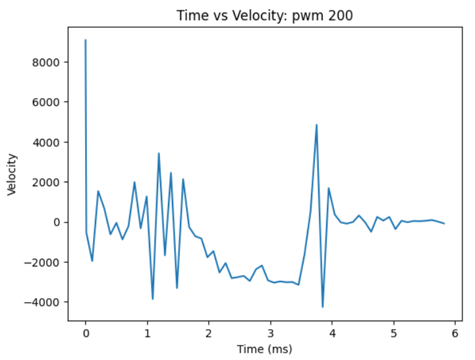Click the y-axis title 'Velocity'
12,174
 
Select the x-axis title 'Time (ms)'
264,349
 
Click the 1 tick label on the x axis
147,333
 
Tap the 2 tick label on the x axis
209,333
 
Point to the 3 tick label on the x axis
270,333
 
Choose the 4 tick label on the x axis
332,333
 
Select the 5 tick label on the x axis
393,333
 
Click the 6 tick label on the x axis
455,333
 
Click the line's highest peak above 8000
86,40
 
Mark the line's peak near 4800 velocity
316,125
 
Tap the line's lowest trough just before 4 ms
323,307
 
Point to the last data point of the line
444,224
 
